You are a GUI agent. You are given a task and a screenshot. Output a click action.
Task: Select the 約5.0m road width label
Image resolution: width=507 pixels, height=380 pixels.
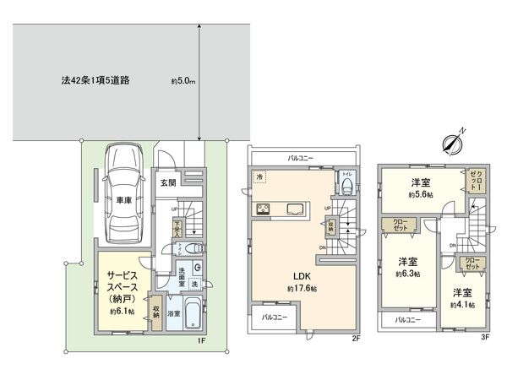pos(182,82)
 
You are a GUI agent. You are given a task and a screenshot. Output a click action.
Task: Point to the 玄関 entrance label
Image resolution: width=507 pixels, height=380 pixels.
pos(167,182)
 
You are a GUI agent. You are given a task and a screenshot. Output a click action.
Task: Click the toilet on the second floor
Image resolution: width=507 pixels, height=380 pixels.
pos(348,186)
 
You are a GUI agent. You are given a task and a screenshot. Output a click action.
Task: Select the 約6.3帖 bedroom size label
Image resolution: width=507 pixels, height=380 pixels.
pos(409,274)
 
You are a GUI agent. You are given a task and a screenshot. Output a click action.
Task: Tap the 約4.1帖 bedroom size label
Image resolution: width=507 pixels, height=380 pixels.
pos(461,304)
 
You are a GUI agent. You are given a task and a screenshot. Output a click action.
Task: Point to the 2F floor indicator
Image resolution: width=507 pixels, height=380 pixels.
pos(357,338)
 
